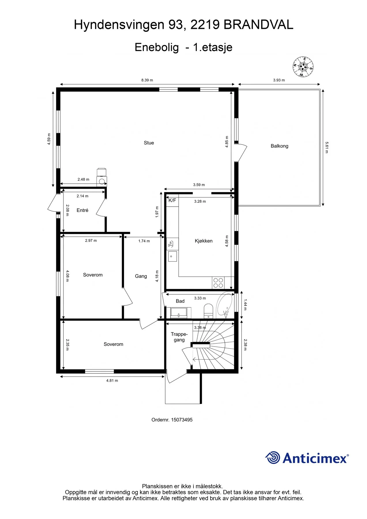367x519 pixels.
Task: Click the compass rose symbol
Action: [303, 67]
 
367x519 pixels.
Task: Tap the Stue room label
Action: [149, 143]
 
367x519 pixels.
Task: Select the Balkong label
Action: [279, 146]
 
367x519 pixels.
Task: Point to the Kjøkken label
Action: [204, 241]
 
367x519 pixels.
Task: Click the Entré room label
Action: [82, 210]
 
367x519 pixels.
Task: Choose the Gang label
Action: [141, 276]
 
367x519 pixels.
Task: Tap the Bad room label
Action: [180, 301]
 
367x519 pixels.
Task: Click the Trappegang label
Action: [179, 337]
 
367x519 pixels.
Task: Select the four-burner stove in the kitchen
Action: [218, 283]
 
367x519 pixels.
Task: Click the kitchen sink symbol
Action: [172, 256]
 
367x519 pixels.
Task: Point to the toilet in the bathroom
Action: [208, 311]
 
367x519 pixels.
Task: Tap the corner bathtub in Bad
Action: [224, 304]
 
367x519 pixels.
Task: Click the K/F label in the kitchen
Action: [172, 200]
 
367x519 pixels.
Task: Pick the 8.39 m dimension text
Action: [147, 80]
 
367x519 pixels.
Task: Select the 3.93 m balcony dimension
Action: [279, 80]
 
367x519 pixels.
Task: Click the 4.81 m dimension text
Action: [112, 381]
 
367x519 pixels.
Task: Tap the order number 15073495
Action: [182, 420]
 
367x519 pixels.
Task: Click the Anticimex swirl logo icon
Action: [272, 458]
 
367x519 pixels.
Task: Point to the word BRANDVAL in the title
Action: [258, 25]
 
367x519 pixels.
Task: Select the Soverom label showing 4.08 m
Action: [93, 275]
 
